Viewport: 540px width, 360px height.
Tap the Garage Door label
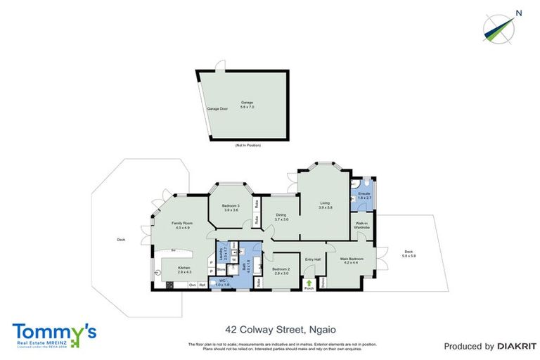tap(217, 109)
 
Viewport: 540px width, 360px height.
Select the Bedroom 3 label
tap(231, 207)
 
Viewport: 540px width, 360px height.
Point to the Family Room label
tap(182, 225)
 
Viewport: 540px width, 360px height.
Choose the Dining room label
tap(280, 217)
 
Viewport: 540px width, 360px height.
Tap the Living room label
tap(324, 205)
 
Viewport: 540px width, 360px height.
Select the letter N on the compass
tap(518, 12)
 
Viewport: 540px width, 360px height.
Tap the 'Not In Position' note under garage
tap(247, 145)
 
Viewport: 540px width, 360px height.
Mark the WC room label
tap(222, 283)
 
